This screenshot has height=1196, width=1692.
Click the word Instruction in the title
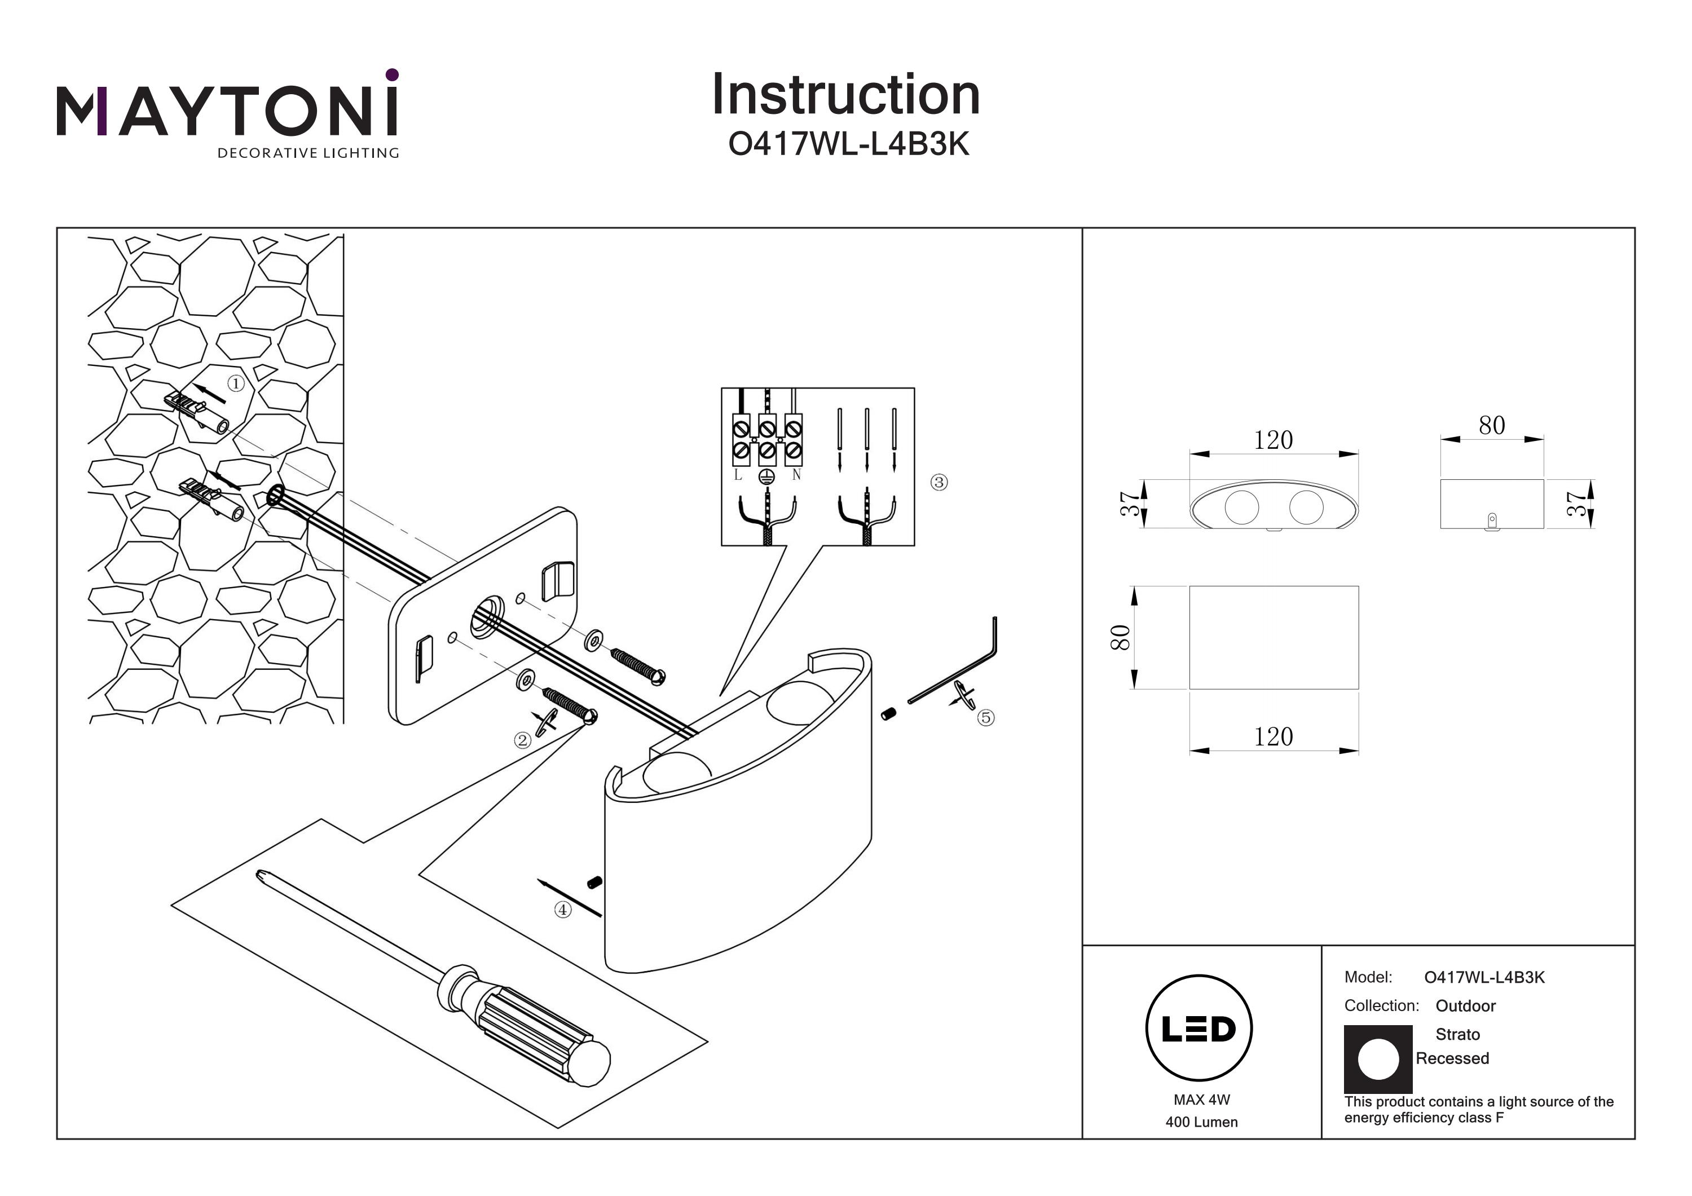click(845, 95)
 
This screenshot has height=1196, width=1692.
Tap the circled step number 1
click(236, 384)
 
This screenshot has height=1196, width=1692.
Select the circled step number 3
click(939, 483)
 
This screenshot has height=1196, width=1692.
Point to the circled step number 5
click(986, 718)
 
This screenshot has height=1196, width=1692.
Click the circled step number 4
click(563, 910)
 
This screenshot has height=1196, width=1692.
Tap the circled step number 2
click(522, 740)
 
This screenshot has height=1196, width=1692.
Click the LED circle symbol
click(1199, 1029)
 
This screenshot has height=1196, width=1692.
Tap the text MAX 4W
click(1202, 1100)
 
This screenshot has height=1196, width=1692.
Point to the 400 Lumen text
click(1202, 1122)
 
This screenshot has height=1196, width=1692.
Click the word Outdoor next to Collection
click(1465, 1007)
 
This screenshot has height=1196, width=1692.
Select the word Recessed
click(1452, 1059)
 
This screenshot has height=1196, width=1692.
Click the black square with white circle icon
click(1377, 1060)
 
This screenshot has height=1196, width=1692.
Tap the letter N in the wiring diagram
click(796, 476)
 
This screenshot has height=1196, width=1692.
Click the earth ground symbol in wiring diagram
click(767, 478)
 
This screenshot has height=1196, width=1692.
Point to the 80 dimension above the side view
click(1492, 426)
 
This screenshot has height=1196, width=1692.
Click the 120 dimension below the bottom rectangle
click(1274, 737)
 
